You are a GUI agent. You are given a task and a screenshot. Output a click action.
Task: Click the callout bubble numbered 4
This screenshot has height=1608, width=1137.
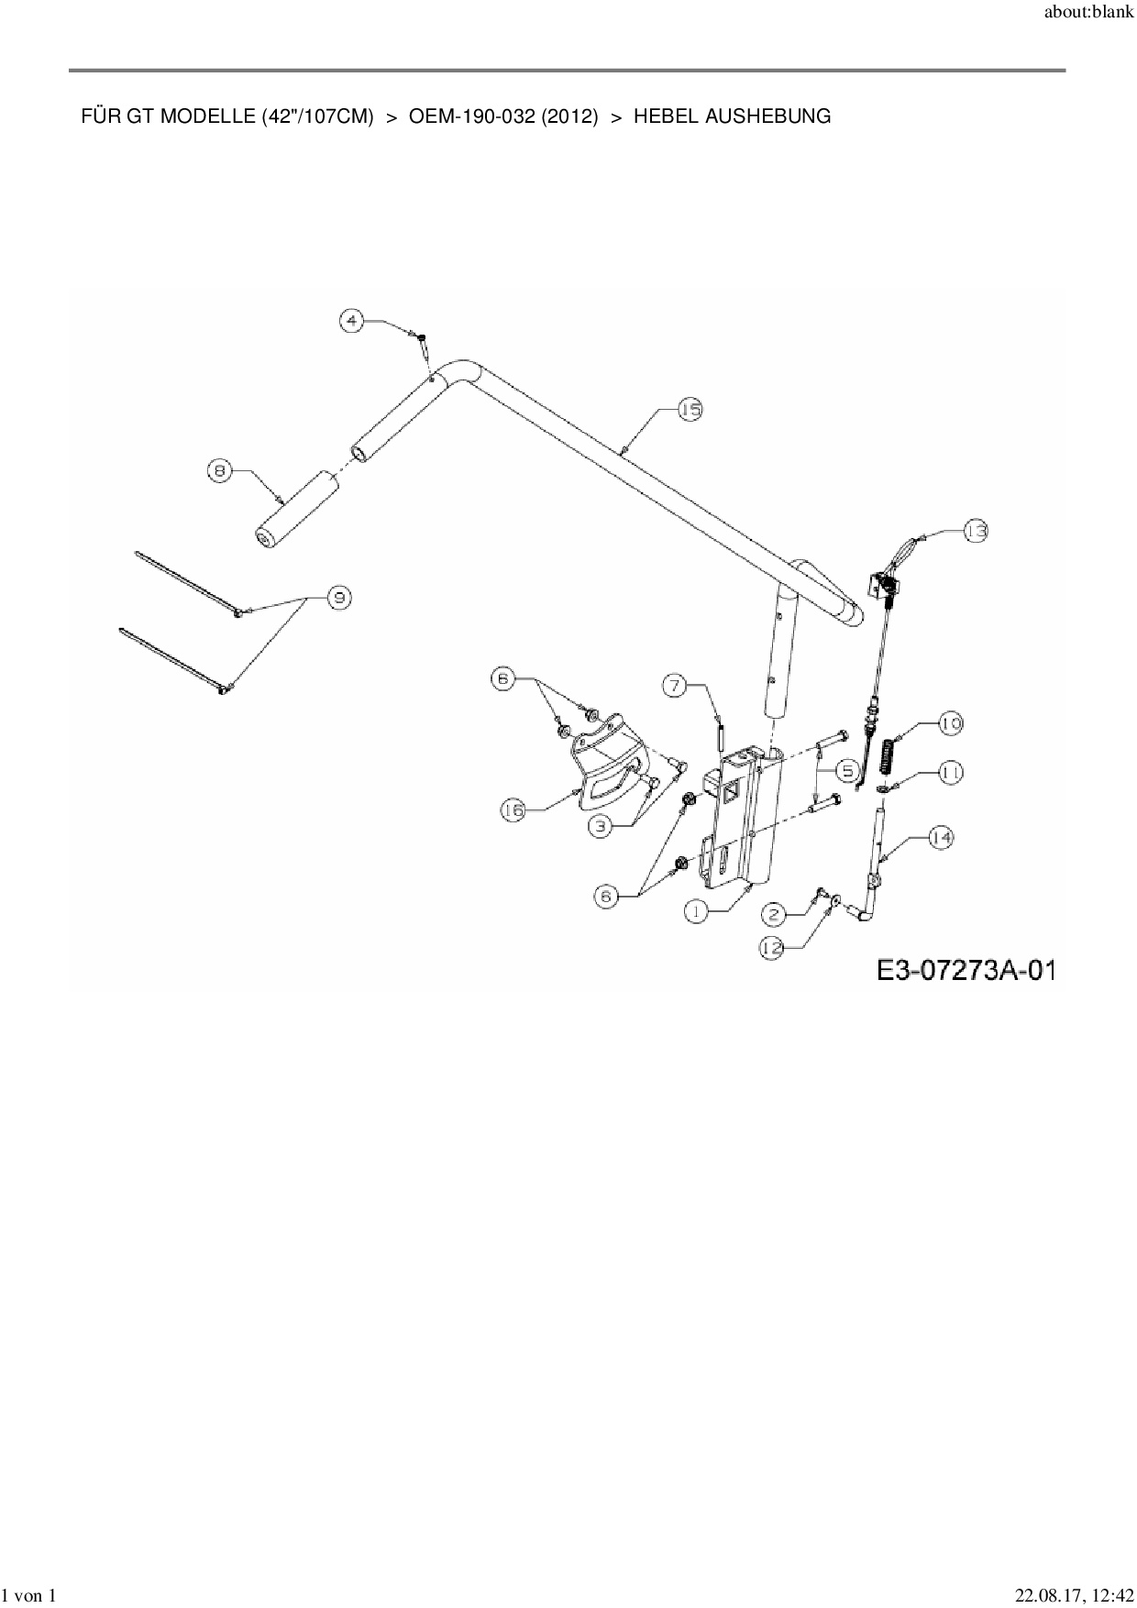pyautogui.click(x=352, y=321)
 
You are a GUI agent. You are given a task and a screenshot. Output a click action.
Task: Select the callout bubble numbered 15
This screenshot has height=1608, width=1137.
pyautogui.click(x=690, y=410)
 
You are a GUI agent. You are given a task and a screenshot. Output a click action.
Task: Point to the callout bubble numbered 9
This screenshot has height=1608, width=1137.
pyautogui.click(x=339, y=598)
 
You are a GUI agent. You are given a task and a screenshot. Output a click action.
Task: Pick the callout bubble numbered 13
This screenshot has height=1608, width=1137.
pyautogui.click(x=976, y=531)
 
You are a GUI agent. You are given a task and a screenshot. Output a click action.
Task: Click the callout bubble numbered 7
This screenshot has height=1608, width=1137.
pyautogui.click(x=675, y=684)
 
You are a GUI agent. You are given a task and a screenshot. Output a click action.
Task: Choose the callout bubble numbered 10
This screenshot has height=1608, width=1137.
pyautogui.click(x=950, y=723)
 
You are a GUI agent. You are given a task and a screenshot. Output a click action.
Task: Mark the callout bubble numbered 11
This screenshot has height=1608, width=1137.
pyautogui.click(x=950, y=773)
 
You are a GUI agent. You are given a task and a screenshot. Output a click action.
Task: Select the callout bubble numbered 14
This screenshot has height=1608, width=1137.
pyautogui.click(x=941, y=836)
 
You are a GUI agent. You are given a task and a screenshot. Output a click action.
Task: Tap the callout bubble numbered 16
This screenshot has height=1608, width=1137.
pyautogui.click(x=513, y=810)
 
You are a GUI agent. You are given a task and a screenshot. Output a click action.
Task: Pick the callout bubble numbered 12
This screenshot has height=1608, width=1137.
pyautogui.click(x=773, y=948)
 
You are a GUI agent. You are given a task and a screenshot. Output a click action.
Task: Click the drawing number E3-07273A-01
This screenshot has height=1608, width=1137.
pyautogui.click(x=966, y=970)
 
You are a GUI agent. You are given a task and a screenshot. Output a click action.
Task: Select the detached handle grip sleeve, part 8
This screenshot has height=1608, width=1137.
pyautogui.click(x=293, y=510)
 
